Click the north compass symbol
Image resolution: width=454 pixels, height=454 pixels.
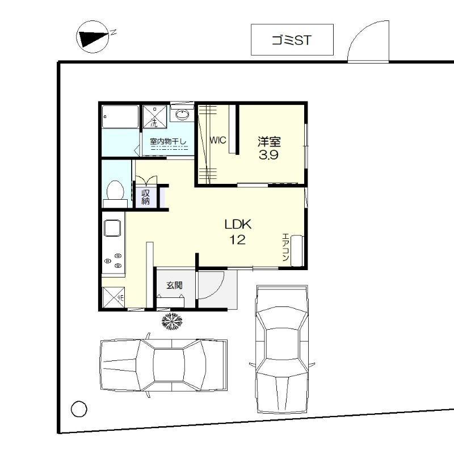coord(93,37)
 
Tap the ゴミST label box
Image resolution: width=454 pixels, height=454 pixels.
coord(292,40)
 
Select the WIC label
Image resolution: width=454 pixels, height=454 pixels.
coord(218,140)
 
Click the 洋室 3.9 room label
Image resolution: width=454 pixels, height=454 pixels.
coord(269,148)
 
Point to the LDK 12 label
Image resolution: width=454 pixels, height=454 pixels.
coord(238,232)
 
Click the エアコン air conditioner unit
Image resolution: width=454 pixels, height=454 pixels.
coord(297,251)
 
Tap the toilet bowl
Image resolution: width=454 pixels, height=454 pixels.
coord(115,190)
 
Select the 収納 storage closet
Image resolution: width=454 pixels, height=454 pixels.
coord(146,197)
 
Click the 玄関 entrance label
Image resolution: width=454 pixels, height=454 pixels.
coord(174,285)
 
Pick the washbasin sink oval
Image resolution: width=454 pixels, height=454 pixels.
coord(182,115)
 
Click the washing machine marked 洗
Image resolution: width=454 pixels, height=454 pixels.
coord(155,116)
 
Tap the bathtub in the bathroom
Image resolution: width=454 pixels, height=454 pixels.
coord(120,117)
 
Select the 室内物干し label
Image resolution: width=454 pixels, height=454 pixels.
coord(168,141)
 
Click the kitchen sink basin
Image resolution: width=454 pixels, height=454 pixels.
coord(112,228)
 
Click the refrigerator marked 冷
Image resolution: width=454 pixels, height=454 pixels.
coord(113,297)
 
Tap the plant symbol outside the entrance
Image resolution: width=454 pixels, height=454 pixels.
coord(172,321)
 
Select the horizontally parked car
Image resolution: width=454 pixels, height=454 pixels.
coord(163,365)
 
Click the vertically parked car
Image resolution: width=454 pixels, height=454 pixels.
coord(281,349)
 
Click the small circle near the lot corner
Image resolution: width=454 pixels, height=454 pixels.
coord(79,409)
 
